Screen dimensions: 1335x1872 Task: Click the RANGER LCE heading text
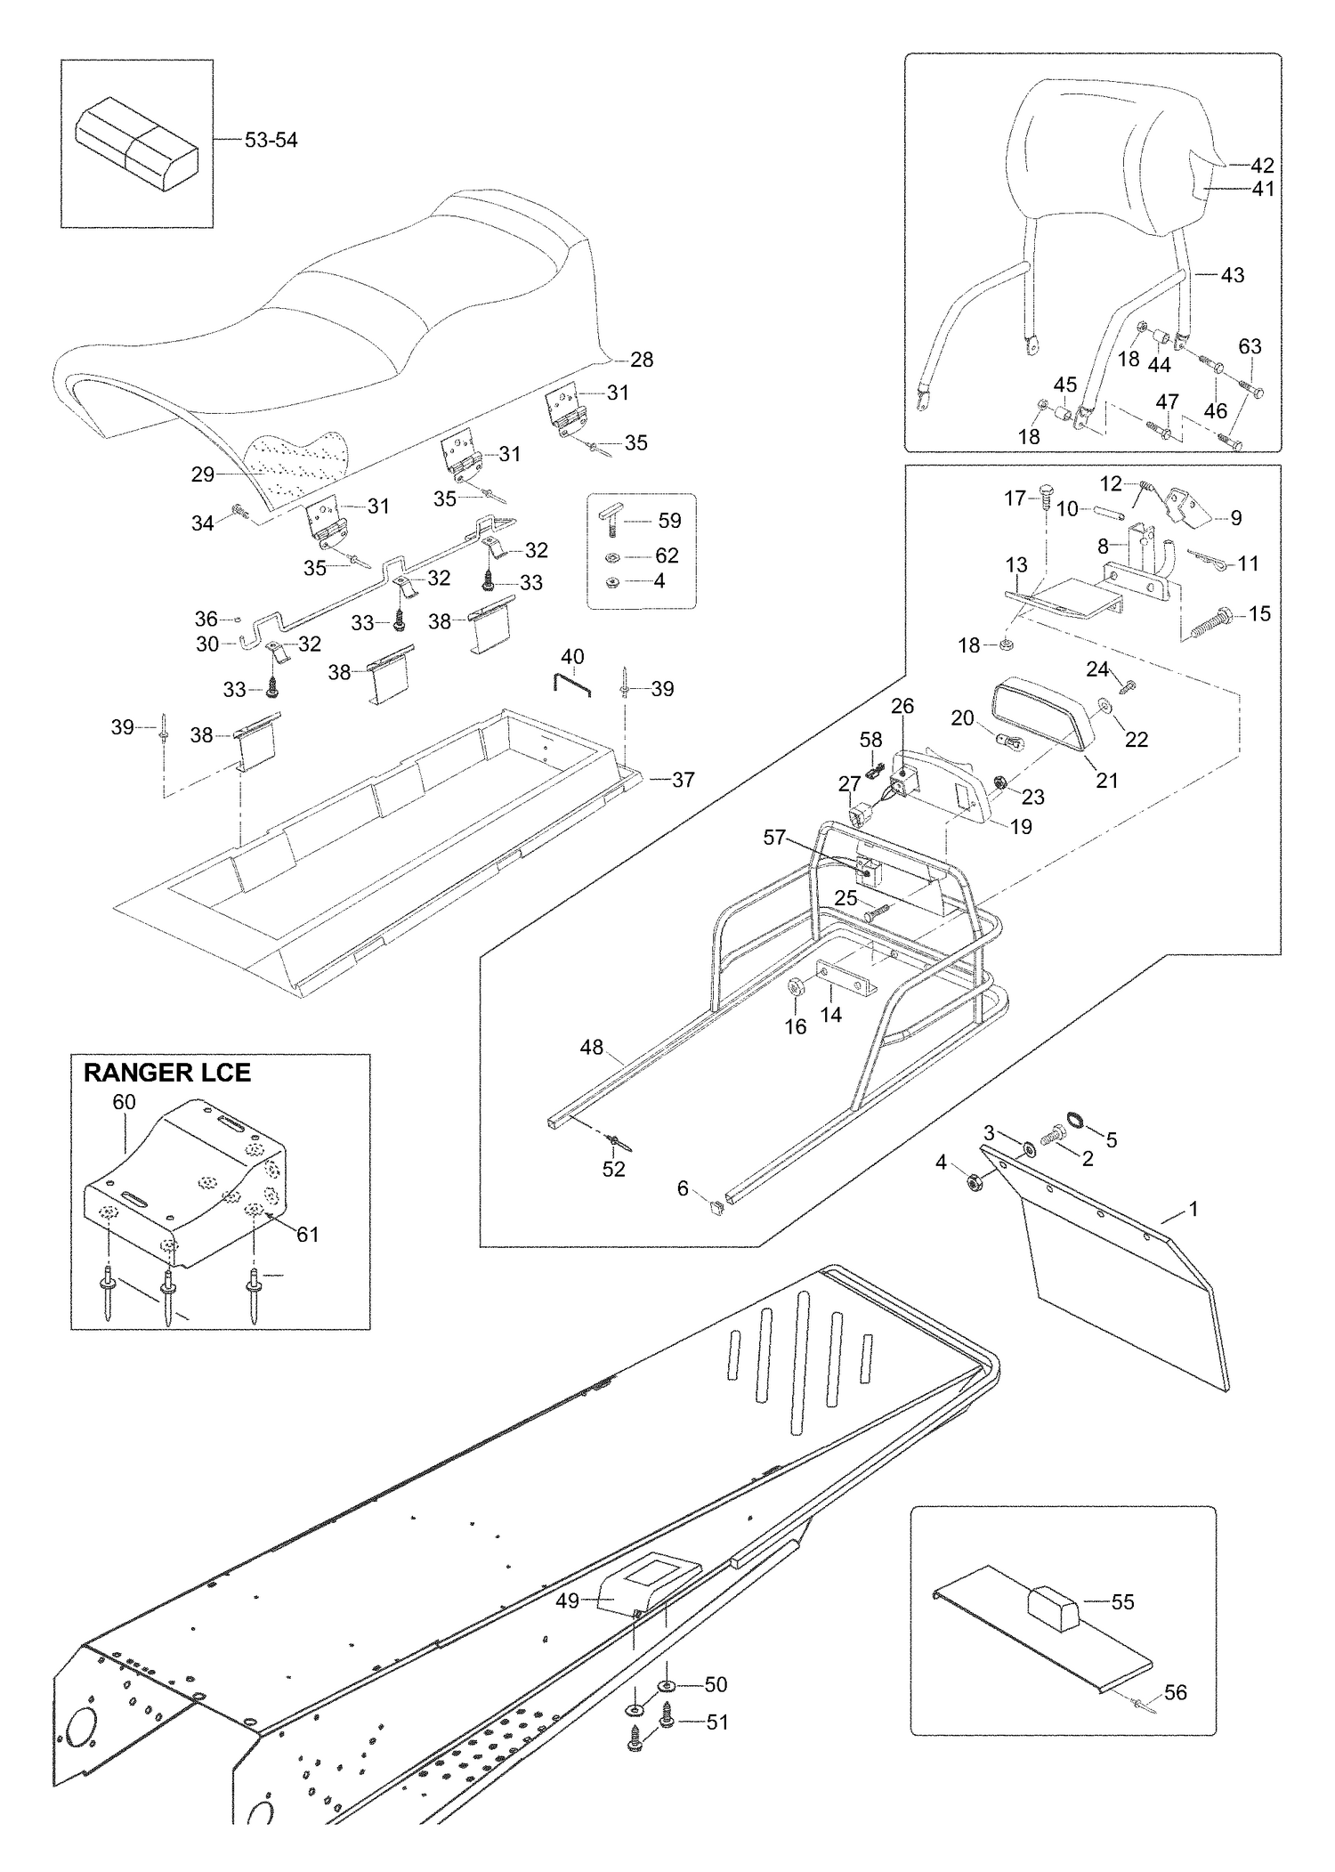167,1073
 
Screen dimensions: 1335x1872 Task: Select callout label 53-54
271,140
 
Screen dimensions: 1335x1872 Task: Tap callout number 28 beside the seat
642,360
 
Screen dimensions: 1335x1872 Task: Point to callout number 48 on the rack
592,1048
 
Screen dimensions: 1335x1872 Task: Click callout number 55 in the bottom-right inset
1123,1601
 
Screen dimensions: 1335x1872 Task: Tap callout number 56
1176,1692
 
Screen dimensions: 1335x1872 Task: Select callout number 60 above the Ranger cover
124,1102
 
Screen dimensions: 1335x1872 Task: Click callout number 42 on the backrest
1262,166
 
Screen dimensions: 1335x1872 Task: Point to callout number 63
1250,346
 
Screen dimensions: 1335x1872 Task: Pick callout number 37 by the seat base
683,780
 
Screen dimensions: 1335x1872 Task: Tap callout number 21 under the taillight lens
1107,780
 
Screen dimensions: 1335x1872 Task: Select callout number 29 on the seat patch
203,474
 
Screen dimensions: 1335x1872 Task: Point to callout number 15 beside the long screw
1259,613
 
